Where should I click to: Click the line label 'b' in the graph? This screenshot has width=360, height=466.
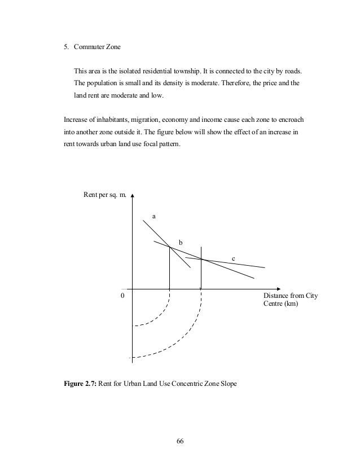tap(181, 242)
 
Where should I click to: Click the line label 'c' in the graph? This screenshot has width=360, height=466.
tap(234, 258)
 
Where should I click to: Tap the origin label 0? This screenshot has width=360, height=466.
tap(123, 295)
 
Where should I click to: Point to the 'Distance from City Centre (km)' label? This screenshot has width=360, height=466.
tap(289, 300)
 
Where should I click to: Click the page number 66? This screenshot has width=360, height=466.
tap(180, 441)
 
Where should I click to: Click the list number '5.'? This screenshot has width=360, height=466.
tap(66, 47)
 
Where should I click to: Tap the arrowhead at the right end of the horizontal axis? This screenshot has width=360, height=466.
tap(276, 287)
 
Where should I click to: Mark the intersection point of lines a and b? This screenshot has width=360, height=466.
tap(170, 246)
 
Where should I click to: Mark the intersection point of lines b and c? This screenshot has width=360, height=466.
tap(201, 259)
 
